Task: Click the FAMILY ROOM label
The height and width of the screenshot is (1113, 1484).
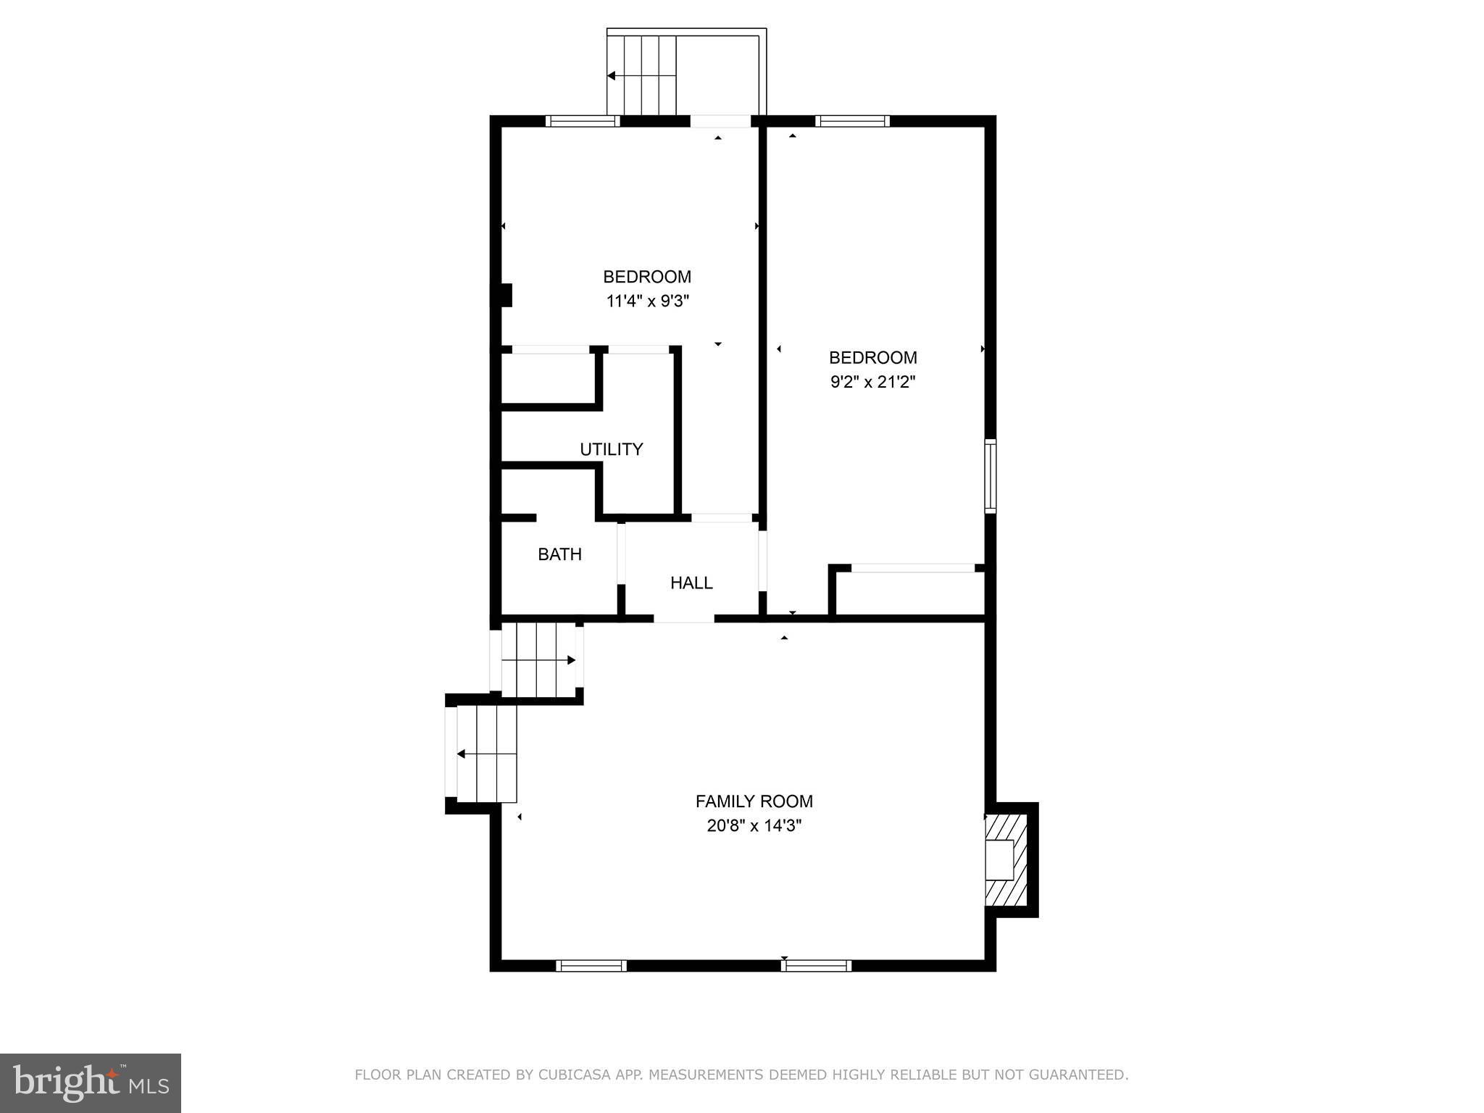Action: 754,801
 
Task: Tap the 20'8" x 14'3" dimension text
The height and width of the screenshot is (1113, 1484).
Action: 754,825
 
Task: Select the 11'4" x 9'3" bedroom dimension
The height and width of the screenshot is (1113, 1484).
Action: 647,301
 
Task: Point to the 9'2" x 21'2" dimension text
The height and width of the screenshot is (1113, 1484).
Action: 872,382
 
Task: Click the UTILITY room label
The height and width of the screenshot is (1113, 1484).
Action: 611,449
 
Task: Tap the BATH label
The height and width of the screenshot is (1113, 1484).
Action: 559,554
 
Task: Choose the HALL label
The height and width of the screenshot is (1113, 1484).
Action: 691,583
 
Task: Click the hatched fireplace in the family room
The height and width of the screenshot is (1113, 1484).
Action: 1006,859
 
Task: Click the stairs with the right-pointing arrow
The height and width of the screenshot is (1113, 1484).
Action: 538,660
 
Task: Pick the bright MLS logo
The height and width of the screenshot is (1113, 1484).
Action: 91,1083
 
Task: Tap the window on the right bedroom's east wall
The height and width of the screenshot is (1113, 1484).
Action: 990,476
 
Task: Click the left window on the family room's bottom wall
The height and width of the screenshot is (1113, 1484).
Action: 591,965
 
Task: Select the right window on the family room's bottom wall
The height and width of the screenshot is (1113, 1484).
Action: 816,965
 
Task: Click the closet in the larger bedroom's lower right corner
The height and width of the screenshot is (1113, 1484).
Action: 910,593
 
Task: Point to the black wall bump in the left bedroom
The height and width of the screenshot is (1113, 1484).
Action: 506,295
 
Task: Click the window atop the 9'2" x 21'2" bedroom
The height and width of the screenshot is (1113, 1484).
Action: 852,121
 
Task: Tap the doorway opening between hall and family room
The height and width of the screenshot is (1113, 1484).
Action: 684,618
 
